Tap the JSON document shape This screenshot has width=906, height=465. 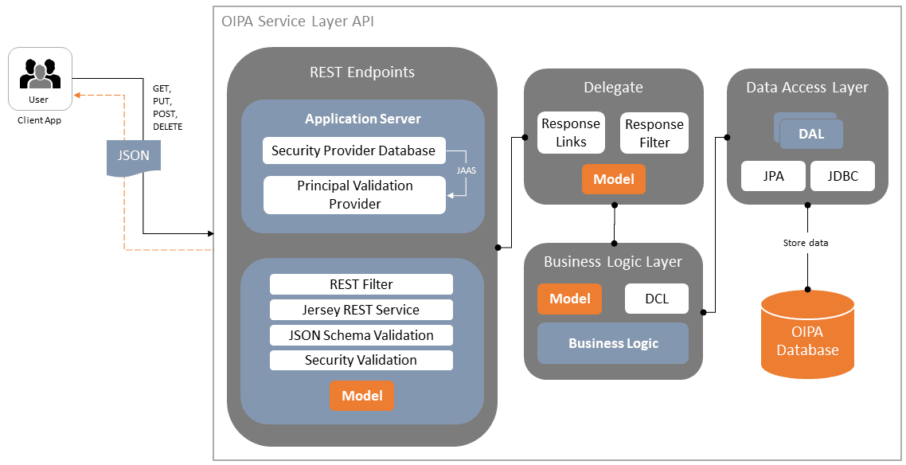133,156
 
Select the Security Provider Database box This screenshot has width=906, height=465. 353,150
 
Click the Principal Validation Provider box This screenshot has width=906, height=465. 354,195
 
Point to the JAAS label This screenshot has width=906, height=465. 467,170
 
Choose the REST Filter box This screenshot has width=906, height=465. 361,284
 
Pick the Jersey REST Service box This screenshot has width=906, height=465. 361,310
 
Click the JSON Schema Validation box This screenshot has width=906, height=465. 361,335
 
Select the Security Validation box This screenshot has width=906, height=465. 361,360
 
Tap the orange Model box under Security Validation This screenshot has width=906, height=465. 362,396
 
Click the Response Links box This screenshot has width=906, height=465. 570,133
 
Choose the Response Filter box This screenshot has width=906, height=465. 654,133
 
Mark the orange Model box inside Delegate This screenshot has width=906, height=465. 614,179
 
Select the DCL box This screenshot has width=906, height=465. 657,299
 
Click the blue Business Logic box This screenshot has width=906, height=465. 613,343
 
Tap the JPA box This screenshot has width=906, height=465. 773,177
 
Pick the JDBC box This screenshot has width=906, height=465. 842,177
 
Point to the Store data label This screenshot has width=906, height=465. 805,243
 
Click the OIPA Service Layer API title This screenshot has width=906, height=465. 297,21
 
